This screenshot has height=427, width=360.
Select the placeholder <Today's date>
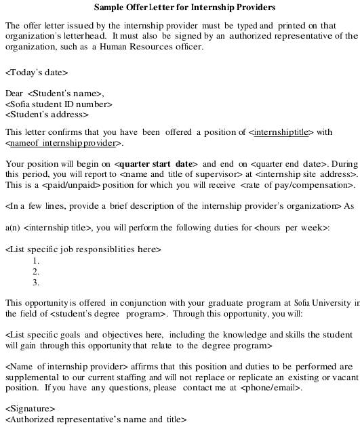[37, 72]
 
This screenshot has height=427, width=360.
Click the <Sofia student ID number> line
[58, 104]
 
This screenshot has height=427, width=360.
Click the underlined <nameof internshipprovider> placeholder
[64, 143]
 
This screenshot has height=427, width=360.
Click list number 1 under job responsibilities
[36, 260]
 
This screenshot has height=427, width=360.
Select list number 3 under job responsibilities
[36, 282]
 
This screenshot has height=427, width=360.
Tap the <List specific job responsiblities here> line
[83, 249]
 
